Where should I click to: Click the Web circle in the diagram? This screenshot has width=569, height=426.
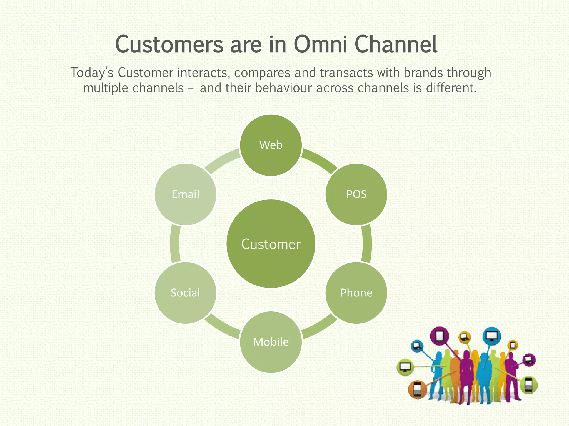pyautogui.click(x=271, y=145)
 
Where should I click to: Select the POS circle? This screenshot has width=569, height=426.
pyautogui.click(x=356, y=194)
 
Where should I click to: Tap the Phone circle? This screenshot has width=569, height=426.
pyautogui.click(x=356, y=293)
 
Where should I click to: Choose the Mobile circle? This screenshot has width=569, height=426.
pyautogui.click(x=271, y=342)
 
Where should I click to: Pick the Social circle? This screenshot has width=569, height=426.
pyautogui.click(x=185, y=293)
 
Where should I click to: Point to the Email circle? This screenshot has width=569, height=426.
pyautogui.click(x=185, y=194)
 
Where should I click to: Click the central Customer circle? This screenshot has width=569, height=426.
pyautogui.click(x=271, y=244)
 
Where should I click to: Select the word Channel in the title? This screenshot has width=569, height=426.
pyautogui.click(x=396, y=44)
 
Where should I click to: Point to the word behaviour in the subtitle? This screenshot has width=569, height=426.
pyautogui.click(x=284, y=88)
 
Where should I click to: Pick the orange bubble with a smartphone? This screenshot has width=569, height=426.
pyautogui.click(x=417, y=389)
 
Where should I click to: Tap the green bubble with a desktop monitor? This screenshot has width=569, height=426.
pyautogui.click(x=405, y=367)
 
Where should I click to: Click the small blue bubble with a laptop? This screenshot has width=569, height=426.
pyautogui.click(x=417, y=346)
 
